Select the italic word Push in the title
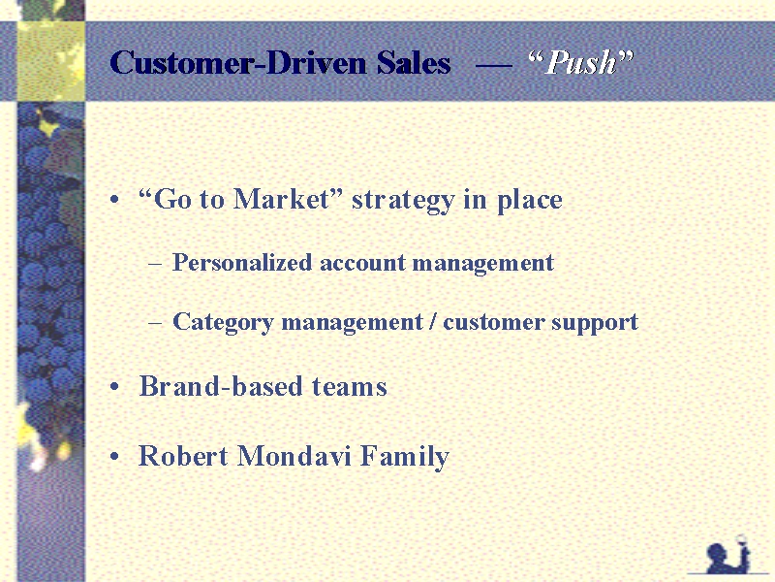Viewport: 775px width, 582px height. pos(581,63)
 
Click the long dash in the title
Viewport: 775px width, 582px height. pos(493,64)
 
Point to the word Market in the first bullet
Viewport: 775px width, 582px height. pos(281,199)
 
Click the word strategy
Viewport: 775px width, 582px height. pos(402,201)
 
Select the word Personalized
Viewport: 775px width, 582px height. pos(242,263)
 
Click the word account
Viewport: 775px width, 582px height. pos(362,263)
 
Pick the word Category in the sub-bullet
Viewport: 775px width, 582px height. pos(223,323)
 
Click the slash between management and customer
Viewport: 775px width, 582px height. pos(433,322)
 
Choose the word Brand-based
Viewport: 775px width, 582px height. pos(221,386)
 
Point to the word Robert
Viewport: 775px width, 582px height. pos(183,456)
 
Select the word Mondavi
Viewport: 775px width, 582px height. pos(294,456)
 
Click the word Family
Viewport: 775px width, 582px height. pos(404,457)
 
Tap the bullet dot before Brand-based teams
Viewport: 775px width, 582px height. pos(114,387)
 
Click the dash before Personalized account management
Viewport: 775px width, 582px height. pos(155,264)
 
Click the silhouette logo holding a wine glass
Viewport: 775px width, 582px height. pos(728,553)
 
